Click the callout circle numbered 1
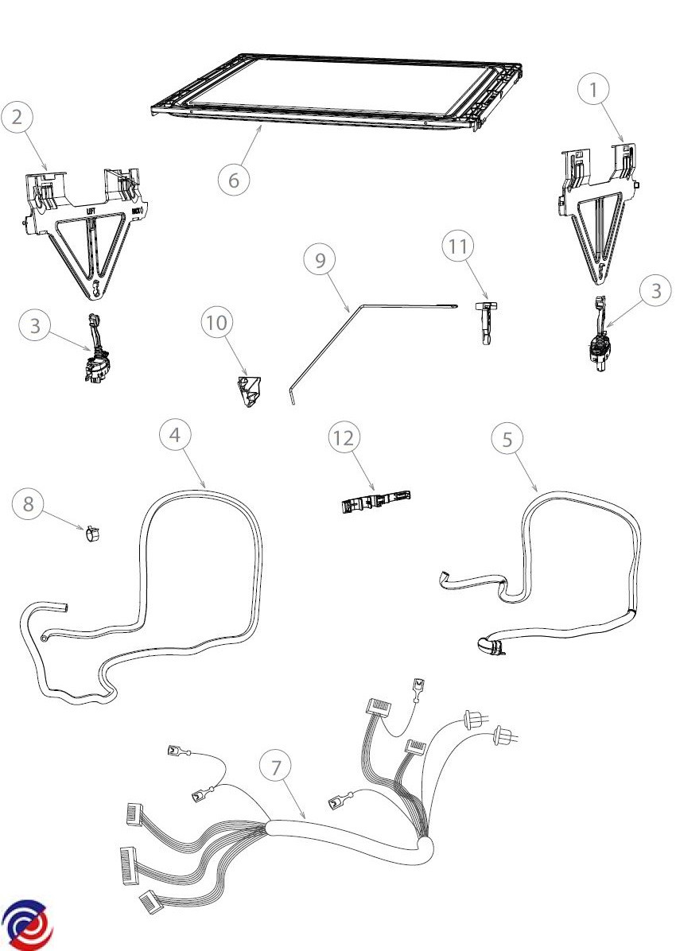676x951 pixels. [x=592, y=91]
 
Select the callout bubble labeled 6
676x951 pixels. [x=234, y=180]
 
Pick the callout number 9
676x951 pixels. [x=320, y=262]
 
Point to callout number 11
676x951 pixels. [x=457, y=246]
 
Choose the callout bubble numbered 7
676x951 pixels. [x=276, y=768]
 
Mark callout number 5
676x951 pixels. [x=507, y=439]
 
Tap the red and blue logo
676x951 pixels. [x=27, y=926]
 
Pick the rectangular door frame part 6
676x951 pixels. [x=338, y=89]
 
